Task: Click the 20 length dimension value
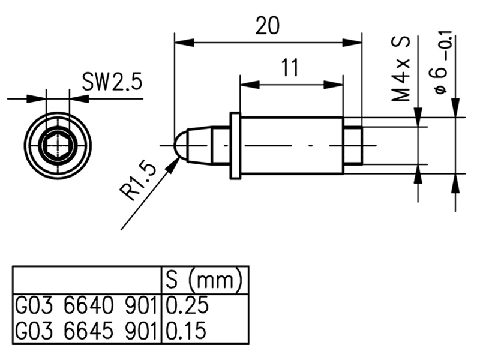click(x=268, y=27)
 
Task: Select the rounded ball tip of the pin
click(x=179, y=145)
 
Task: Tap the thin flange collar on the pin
click(x=235, y=145)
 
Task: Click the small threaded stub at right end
click(x=353, y=145)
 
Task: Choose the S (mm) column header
click(x=203, y=280)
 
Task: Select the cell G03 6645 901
click(x=86, y=331)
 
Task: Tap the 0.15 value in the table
click(x=186, y=331)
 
